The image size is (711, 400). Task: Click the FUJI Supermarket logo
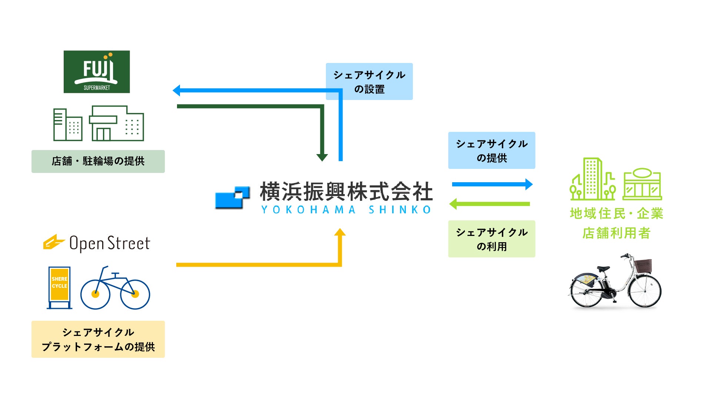pos(97,72)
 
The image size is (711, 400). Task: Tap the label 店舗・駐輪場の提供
pos(98,161)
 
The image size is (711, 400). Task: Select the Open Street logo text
pos(110,243)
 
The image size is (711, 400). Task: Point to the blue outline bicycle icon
pos(115,289)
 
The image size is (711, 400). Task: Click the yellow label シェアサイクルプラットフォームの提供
pos(98,339)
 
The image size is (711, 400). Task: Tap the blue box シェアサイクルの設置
pos(369,81)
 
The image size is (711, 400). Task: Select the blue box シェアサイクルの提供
pos(491,150)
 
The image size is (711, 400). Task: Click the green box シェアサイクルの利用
pos(491,239)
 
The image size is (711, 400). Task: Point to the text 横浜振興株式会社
pos(346,191)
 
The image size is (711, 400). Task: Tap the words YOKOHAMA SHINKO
pos(346,210)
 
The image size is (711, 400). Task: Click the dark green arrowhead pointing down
pos(322,157)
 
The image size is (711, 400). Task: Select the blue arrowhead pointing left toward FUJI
pos(177,90)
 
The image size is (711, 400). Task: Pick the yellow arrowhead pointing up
pos(340,233)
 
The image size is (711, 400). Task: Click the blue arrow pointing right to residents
pos(492,184)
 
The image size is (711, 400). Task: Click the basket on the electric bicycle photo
pos(642,266)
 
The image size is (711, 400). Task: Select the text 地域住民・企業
pos(616,214)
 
